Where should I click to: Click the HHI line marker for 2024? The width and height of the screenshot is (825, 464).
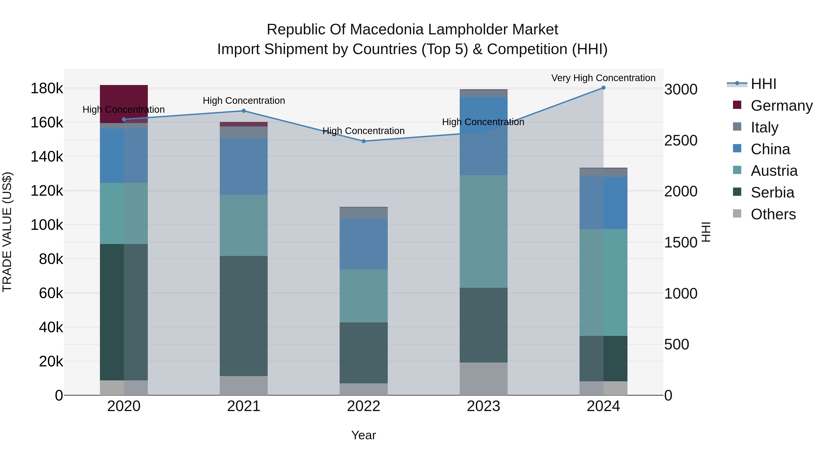603,88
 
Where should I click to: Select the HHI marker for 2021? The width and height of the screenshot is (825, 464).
244,111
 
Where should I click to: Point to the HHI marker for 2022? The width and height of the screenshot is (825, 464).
363,141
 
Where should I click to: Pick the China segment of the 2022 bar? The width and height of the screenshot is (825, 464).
363,244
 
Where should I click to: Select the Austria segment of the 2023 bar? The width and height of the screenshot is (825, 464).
484,231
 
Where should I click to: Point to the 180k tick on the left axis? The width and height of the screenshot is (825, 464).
47,88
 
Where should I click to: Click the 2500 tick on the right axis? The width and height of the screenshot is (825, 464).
681,141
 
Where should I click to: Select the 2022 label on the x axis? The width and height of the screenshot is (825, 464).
363,406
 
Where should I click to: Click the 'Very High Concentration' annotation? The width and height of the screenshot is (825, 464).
603,78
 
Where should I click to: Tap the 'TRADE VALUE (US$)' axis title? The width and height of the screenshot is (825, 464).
7,232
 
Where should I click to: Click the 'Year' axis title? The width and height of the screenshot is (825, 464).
363,435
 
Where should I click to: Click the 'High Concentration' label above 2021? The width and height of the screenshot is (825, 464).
244,101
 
